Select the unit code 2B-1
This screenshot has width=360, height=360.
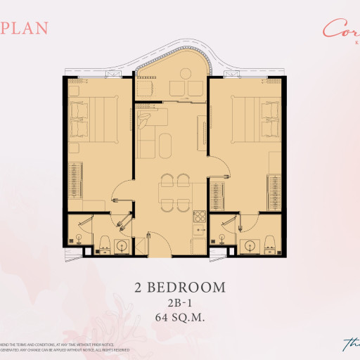click(x=180, y=302)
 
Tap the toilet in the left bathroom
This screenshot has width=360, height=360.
click(x=103, y=242)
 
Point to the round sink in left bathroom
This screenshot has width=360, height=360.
click(x=122, y=246)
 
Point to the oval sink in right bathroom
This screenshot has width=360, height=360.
click(x=249, y=245)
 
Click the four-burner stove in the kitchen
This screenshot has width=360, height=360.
click(x=199, y=217)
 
